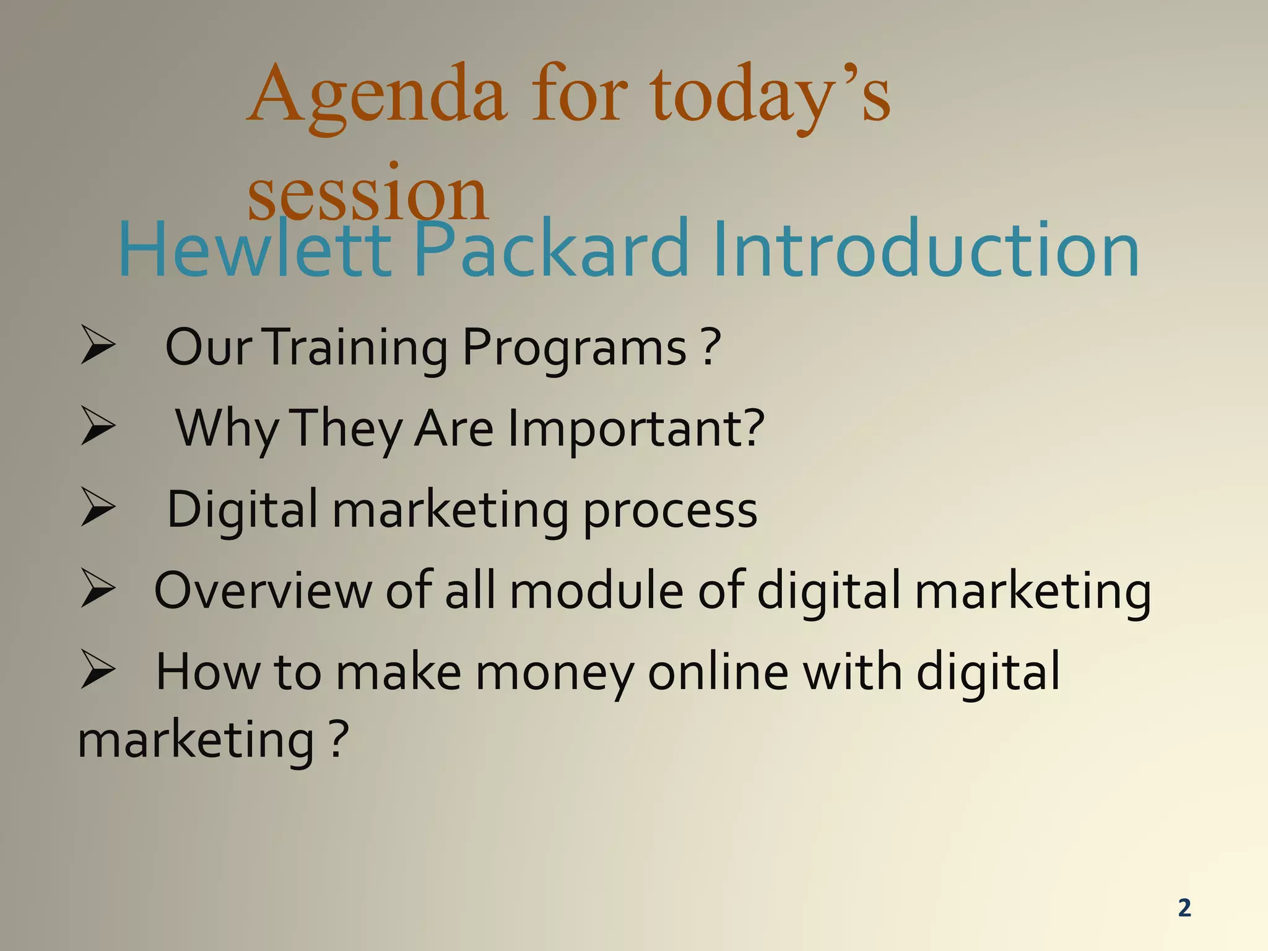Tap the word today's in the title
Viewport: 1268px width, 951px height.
770,98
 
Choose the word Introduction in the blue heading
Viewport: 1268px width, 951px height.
925,250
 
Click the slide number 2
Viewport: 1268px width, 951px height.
1184,908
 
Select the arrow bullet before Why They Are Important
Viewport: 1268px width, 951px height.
98,428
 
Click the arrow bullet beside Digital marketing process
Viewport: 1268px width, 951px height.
98,509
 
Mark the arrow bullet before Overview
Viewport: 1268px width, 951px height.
98,590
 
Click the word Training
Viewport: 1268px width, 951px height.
358,348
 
